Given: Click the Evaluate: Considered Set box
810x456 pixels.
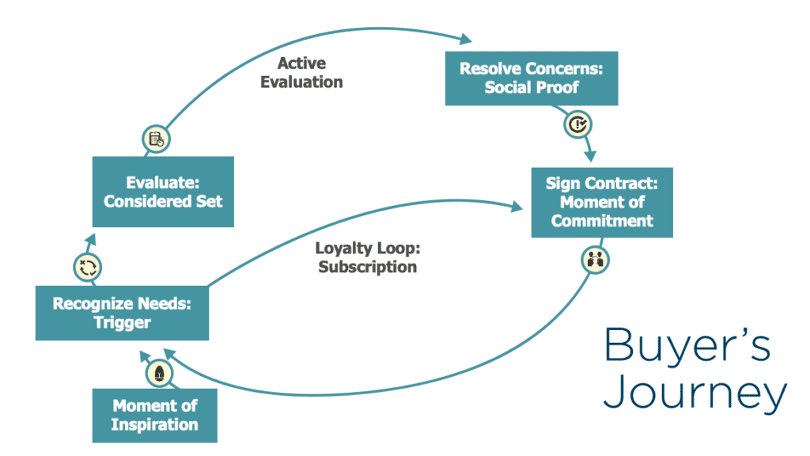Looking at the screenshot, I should (163, 192).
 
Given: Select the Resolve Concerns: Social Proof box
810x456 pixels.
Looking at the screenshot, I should (532, 78).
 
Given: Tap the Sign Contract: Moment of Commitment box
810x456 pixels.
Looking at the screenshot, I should (602, 202).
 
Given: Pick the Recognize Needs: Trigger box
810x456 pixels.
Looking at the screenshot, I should (122, 313).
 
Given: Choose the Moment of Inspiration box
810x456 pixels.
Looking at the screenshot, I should (155, 415).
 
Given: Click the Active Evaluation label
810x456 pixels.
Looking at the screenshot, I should (301, 72).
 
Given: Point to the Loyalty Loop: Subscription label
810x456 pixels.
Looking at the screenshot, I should (367, 257).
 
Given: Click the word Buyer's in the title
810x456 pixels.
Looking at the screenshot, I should (687, 346).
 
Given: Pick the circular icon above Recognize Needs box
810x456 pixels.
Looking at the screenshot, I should (88, 267).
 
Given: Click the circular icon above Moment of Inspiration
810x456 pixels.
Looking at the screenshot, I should (159, 374).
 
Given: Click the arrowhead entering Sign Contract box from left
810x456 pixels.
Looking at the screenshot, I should (517, 207).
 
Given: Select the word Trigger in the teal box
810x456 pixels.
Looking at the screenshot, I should (122, 322).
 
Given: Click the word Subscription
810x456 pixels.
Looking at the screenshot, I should (367, 267).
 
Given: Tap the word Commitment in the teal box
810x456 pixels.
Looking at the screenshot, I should (602, 220).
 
